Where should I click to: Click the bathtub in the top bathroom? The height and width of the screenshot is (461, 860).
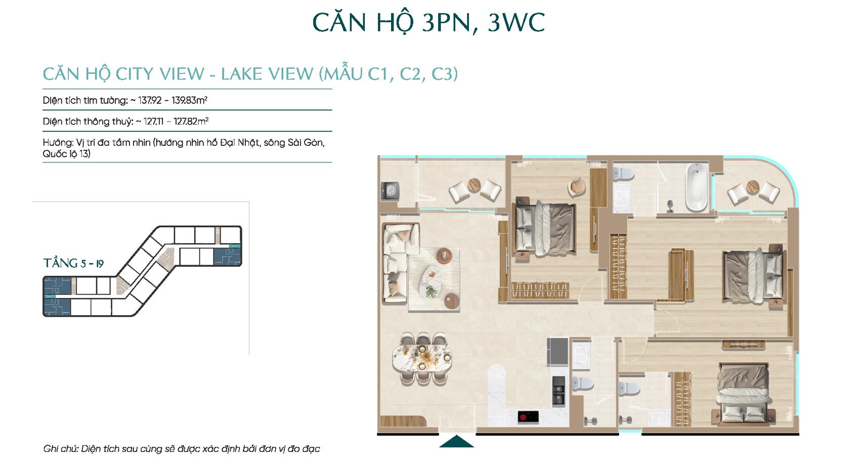tap(697, 187)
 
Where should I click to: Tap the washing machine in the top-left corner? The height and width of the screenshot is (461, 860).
tap(390, 190)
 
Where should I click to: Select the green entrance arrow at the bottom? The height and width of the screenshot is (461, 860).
tap(456, 441)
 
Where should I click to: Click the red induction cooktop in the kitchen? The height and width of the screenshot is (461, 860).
tap(528, 417)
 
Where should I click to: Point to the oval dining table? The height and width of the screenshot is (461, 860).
tap(422, 359)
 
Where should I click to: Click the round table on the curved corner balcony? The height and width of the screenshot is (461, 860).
tap(753, 187)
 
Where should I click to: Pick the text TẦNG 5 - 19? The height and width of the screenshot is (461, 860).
tap(74, 263)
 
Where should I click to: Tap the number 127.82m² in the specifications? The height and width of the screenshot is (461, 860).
tap(191, 121)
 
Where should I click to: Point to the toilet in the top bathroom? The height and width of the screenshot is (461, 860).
tap(623, 174)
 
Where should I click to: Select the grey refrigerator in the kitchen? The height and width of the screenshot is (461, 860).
tap(557, 351)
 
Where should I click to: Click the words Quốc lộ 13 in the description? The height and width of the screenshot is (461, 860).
tap(66, 154)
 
